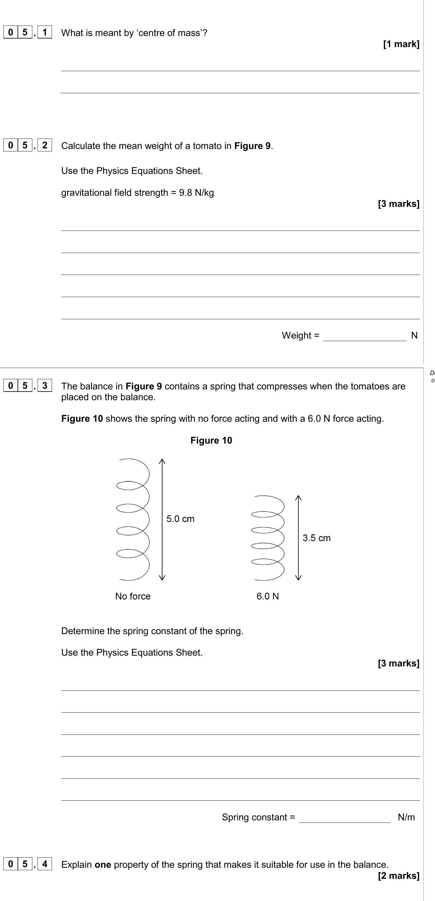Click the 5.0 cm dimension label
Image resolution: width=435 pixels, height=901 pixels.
click(180, 519)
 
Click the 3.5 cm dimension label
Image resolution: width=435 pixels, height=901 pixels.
click(316, 538)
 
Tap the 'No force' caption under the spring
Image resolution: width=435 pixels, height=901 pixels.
click(133, 596)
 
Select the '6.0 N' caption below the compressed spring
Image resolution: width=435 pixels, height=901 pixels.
click(268, 596)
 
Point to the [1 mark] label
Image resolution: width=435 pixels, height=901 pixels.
click(401, 44)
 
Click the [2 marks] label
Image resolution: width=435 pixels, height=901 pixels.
click(398, 875)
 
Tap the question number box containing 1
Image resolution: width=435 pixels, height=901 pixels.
click(44, 33)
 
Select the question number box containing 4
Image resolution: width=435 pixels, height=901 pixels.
click(44, 864)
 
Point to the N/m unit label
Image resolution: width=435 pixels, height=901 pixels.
click(406, 817)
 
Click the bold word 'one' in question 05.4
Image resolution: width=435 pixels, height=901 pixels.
click(103, 865)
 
